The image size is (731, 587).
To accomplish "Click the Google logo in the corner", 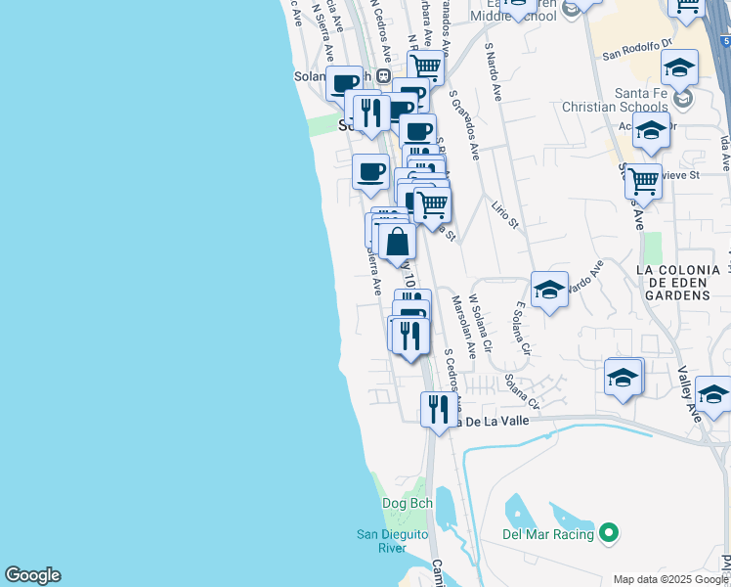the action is (32, 575).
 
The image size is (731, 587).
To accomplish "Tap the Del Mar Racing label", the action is (547, 534).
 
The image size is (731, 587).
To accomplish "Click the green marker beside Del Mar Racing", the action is (610, 533).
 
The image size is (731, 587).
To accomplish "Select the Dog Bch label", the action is (407, 504).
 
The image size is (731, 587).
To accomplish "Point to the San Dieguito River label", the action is (380, 540).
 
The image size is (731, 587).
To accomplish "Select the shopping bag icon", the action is (398, 241).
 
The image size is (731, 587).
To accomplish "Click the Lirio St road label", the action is (505, 212).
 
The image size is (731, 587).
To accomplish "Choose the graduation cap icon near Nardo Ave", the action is (550, 289).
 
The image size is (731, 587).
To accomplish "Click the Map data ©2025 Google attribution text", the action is (670, 578).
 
